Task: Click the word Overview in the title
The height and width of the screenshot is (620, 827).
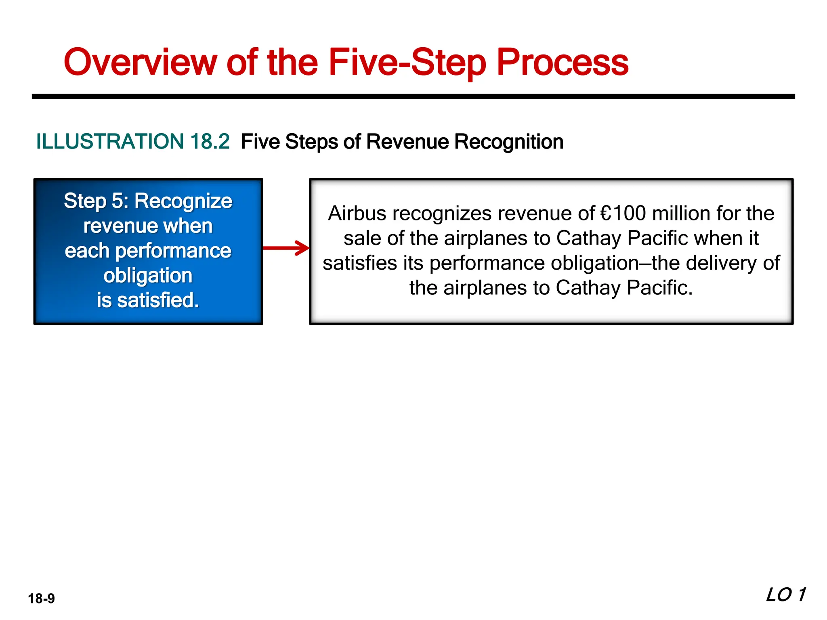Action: [x=141, y=63]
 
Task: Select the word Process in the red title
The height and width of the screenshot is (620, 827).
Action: [x=562, y=63]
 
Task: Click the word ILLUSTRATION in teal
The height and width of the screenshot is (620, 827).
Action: [x=110, y=142]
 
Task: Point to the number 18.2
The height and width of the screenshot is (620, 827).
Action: [x=210, y=142]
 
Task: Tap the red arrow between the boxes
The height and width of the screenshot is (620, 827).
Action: [x=286, y=248]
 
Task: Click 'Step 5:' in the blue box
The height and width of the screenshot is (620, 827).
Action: [x=96, y=201]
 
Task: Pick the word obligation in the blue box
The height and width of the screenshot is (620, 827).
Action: [x=148, y=276]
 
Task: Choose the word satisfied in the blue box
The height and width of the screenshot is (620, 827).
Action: [x=158, y=300]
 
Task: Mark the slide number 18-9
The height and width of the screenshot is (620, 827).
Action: [x=41, y=598]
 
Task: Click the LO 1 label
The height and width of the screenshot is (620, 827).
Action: [x=785, y=595]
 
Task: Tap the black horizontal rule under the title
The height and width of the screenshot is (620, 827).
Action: [x=413, y=96]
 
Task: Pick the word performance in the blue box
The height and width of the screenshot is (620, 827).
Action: [x=173, y=251]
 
